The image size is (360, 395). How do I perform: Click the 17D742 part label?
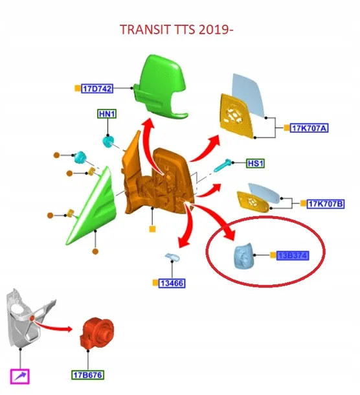pyautogui.click(x=97, y=89)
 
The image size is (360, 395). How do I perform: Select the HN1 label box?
pyautogui.click(x=107, y=114)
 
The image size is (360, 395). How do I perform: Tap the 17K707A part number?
pyautogui.click(x=309, y=128)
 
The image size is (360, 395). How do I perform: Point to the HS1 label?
pyautogui.click(x=256, y=163)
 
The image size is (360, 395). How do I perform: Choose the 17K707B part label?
pyautogui.click(x=326, y=203)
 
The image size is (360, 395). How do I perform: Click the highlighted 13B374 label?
pyautogui.click(x=293, y=255)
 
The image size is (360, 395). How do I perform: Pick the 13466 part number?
pyautogui.click(x=172, y=283)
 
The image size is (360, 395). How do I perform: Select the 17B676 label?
pyautogui.click(x=87, y=375)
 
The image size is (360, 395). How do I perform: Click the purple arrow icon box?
pyautogui.click(x=20, y=377)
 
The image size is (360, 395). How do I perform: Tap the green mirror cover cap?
pyautogui.click(x=160, y=87)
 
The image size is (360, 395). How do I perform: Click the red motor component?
pyautogui.click(x=96, y=333)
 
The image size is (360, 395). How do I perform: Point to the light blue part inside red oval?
pyautogui.click(x=243, y=256)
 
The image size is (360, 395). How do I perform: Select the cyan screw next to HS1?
pyautogui.click(x=223, y=165)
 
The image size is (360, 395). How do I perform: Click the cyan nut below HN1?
pyautogui.click(x=108, y=141)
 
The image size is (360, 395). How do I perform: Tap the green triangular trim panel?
pyautogui.click(x=92, y=207)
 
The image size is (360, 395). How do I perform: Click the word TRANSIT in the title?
pyautogui.click(x=145, y=30)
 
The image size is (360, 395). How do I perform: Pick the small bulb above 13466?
pyautogui.click(x=173, y=258)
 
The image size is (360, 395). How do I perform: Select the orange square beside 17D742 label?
pyautogui.click(x=78, y=88)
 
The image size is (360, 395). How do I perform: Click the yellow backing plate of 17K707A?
pyautogui.click(x=236, y=116)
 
